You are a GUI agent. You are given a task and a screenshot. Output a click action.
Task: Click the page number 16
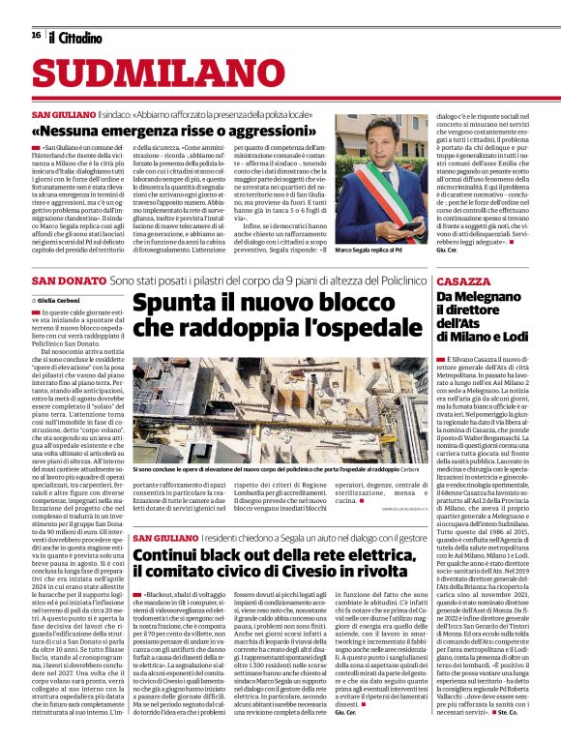coord(36,35)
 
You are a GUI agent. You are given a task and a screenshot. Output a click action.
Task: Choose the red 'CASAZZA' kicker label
coord(463,280)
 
